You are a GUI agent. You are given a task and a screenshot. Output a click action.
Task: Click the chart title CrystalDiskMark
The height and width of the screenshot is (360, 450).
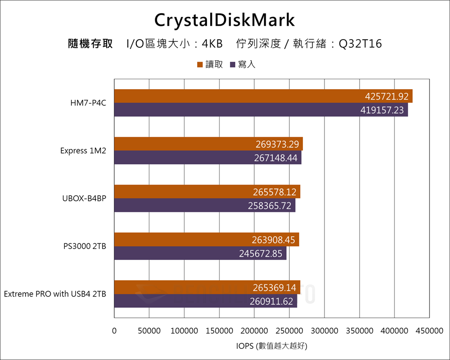click(225, 20)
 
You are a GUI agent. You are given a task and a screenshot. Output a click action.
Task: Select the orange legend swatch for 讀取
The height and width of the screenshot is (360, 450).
click(200, 65)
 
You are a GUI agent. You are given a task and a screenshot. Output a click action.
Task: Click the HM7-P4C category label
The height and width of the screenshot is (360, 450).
click(88, 103)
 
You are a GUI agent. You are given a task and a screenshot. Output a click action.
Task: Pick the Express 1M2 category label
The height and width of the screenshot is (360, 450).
click(83, 151)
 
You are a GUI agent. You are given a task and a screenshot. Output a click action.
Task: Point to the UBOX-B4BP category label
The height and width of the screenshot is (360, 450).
click(84, 198)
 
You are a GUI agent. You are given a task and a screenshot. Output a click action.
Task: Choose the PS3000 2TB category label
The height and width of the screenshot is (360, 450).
click(85, 246)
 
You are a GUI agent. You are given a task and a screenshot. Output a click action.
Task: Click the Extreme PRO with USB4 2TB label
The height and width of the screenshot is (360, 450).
click(55, 294)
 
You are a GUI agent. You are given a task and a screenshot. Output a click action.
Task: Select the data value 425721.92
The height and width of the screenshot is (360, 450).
click(387, 96)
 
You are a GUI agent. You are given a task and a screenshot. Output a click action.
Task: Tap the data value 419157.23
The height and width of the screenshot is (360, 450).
click(382, 110)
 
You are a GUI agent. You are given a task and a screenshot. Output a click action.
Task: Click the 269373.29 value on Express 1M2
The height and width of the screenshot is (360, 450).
click(277, 144)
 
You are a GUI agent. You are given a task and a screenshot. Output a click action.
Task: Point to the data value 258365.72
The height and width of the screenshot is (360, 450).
click(270, 205)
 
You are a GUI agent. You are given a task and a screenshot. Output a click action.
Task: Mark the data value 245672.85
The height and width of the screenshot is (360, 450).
click(261, 254)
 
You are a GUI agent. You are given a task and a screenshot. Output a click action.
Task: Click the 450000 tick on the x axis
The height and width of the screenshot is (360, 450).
click(429, 331)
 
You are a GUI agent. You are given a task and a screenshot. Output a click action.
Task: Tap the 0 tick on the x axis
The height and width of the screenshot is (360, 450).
click(114, 331)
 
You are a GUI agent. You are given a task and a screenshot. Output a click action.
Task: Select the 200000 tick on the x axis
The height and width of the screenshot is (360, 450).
click(254, 331)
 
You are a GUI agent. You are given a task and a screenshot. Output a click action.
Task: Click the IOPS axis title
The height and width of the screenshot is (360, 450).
click(272, 346)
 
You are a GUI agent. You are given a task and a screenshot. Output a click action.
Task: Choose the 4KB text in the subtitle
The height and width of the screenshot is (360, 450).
click(212, 44)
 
